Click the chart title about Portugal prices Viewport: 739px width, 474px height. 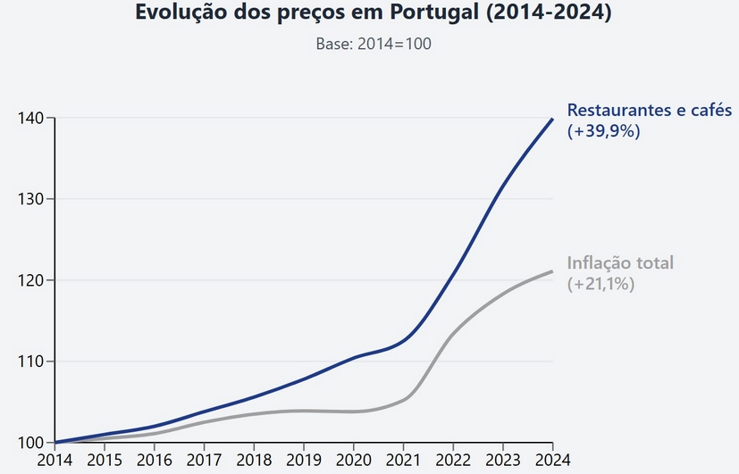coord(374,14)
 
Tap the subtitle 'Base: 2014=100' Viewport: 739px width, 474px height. coord(374,44)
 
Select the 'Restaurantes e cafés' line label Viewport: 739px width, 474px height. coord(650,112)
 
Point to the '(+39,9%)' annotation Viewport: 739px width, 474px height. coord(604,130)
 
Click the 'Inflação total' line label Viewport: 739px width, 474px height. coord(620,263)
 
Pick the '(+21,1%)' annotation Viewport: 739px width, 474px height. coord(601,284)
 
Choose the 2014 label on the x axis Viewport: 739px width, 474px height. coord(55,460)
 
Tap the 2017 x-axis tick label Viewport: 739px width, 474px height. coord(205,460)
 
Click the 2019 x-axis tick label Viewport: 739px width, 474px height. coord(304,460)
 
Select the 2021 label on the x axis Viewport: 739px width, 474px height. coord(403,460)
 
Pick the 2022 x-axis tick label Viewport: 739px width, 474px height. coord(453,460)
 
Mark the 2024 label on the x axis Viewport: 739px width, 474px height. coord(552,460)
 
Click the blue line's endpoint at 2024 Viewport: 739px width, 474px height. coord(552,119)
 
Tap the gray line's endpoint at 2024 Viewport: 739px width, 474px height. coord(552,271)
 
